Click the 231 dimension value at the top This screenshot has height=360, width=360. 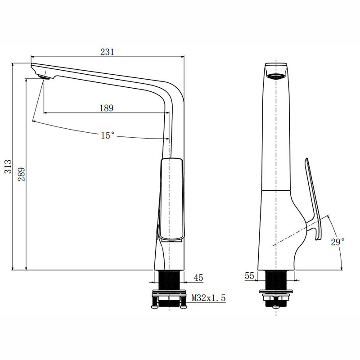tap(107, 52)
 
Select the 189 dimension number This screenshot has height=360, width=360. tap(106, 108)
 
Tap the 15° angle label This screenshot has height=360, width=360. tap(107, 135)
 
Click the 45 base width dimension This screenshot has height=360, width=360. tap(198, 278)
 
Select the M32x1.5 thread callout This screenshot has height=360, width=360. tap(208, 297)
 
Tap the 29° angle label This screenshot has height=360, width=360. tap(337, 242)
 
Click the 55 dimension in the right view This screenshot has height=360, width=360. tap(250, 276)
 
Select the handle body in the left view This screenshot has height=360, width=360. tap(172, 198)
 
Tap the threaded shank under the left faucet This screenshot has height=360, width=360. tap(169, 281)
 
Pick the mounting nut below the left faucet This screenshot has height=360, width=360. tap(169, 299)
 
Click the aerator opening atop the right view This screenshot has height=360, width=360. tap(276, 76)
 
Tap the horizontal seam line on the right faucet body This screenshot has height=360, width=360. tap(277, 191)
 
